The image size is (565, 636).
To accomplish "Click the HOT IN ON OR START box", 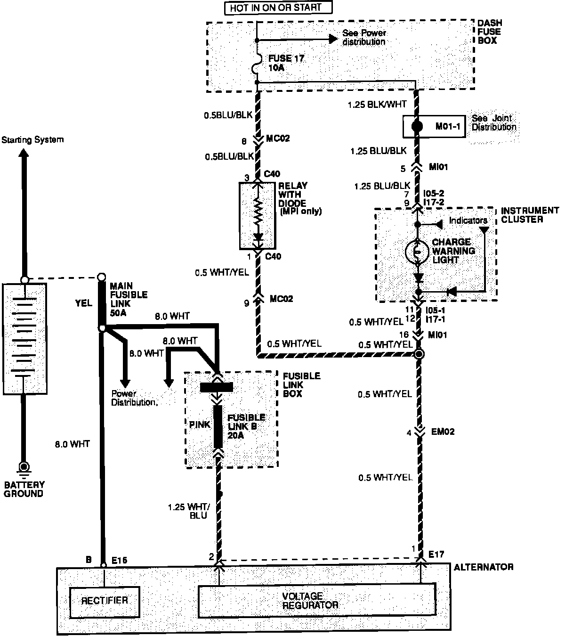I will [278, 8].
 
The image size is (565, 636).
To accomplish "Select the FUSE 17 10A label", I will [286, 63].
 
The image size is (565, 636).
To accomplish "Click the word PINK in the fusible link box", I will [200, 425].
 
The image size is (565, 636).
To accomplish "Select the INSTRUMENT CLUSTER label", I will [530, 215].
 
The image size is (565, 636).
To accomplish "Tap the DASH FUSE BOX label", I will [489, 32].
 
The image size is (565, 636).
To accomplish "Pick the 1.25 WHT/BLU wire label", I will [189, 512].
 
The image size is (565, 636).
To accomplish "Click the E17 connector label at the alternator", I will [436, 555].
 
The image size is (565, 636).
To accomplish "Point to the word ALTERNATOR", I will [483, 567].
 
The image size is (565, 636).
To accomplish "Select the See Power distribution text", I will [364, 37].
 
